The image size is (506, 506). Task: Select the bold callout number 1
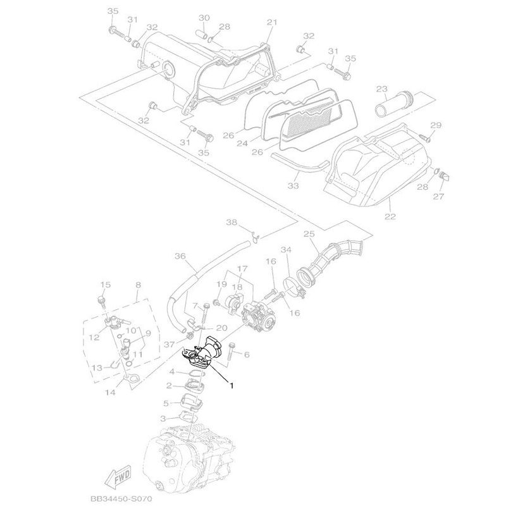click(231, 385)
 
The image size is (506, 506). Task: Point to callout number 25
click(309, 233)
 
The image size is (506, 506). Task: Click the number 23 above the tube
click(382, 89)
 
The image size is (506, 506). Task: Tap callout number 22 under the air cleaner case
click(390, 216)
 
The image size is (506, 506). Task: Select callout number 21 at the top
click(272, 22)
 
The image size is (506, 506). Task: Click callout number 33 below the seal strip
click(293, 186)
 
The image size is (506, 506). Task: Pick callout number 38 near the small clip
click(231, 223)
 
